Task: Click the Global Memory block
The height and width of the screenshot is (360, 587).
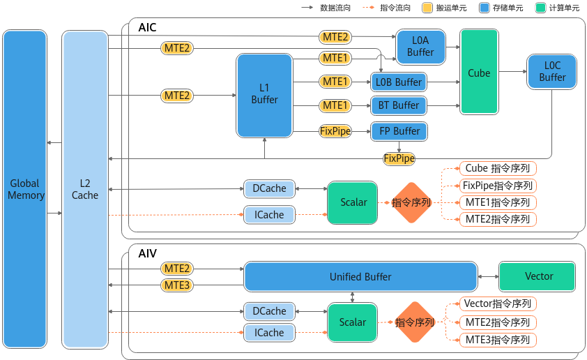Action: [x=24, y=189]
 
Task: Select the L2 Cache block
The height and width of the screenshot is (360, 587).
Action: [x=85, y=189]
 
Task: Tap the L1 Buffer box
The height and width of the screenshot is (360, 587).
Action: [x=264, y=96]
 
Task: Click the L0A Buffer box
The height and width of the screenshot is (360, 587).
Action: [x=421, y=47]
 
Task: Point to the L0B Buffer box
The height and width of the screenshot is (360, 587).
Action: [x=399, y=82]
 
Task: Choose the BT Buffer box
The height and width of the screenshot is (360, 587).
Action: [x=399, y=105]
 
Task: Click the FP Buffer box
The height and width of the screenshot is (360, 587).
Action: [x=399, y=131]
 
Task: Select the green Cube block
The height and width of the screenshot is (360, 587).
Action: [x=479, y=72]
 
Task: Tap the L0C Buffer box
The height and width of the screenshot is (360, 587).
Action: [x=552, y=72]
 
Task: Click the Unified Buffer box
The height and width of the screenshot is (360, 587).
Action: [x=361, y=277]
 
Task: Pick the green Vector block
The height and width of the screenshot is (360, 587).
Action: [x=538, y=276]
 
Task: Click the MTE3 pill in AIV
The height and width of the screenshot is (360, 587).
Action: [x=177, y=285]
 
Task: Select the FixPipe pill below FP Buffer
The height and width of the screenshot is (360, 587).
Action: [x=399, y=158]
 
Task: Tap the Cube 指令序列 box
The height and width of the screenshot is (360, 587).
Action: [x=498, y=169]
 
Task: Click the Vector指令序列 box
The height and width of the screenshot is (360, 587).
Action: [x=498, y=303]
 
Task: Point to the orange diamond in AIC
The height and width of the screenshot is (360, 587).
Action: [x=411, y=202]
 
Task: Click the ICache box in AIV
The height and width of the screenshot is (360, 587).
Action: [x=269, y=333]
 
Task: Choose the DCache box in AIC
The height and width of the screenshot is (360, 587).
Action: [x=269, y=188]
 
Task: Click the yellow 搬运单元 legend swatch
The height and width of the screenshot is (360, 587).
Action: [x=427, y=8]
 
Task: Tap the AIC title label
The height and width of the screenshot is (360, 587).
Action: [x=148, y=27]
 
